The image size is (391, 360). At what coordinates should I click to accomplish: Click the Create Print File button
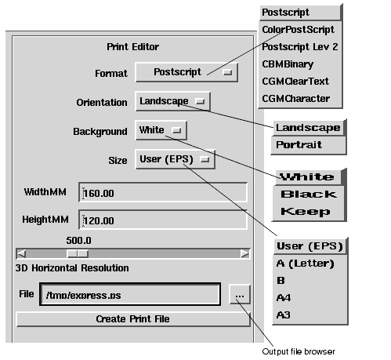coord(133,319)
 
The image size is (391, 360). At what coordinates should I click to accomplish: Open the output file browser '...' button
coord(240,295)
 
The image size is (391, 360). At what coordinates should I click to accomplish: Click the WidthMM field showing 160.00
coord(163,193)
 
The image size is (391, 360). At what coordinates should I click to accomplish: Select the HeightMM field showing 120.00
coord(163,220)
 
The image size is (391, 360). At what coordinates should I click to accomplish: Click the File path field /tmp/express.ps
coord(130,294)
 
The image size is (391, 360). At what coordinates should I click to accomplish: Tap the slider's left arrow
coord(21,253)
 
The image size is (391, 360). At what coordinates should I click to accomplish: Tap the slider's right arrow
coord(245,253)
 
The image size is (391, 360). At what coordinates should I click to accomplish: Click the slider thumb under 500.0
coord(78,253)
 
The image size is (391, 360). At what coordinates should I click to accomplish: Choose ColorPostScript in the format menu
coord(298,30)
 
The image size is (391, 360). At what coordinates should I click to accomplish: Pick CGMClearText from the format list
coord(295,82)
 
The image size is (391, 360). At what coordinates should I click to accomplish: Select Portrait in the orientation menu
coord(299,144)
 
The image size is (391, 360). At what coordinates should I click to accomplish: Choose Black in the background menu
coord(309,195)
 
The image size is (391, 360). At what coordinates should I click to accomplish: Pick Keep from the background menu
coord(306,212)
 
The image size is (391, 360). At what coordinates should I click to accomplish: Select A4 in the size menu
coord(284,298)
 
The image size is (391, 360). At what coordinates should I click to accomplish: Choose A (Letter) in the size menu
coord(305,264)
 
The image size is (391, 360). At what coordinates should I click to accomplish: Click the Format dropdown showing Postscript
coord(186,72)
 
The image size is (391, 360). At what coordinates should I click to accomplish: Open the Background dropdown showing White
coord(161,130)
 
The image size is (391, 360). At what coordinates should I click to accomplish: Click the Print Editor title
coord(132,47)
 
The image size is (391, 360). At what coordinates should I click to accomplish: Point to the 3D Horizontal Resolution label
coord(72,268)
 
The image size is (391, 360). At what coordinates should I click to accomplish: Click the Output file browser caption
coord(299,351)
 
